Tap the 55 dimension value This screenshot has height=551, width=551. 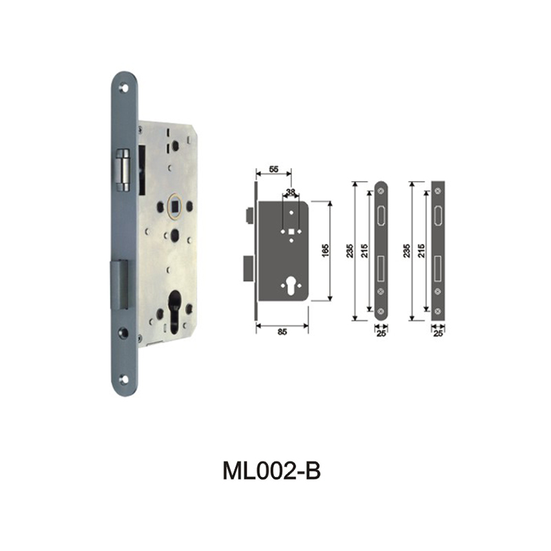pyautogui.click(x=273, y=169)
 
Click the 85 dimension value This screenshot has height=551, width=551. pyautogui.click(x=282, y=331)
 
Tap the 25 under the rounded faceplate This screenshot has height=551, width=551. pyautogui.click(x=381, y=335)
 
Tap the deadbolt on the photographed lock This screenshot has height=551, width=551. pyautogui.click(x=120, y=283)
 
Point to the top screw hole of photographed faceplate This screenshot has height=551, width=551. pyautogui.click(x=124, y=88)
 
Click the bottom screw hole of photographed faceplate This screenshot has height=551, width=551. pyautogui.click(x=124, y=378)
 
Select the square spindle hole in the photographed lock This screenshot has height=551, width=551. pyautogui.click(x=175, y=205)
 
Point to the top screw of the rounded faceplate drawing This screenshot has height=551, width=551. pyautogui.click(x=381, y=190)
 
